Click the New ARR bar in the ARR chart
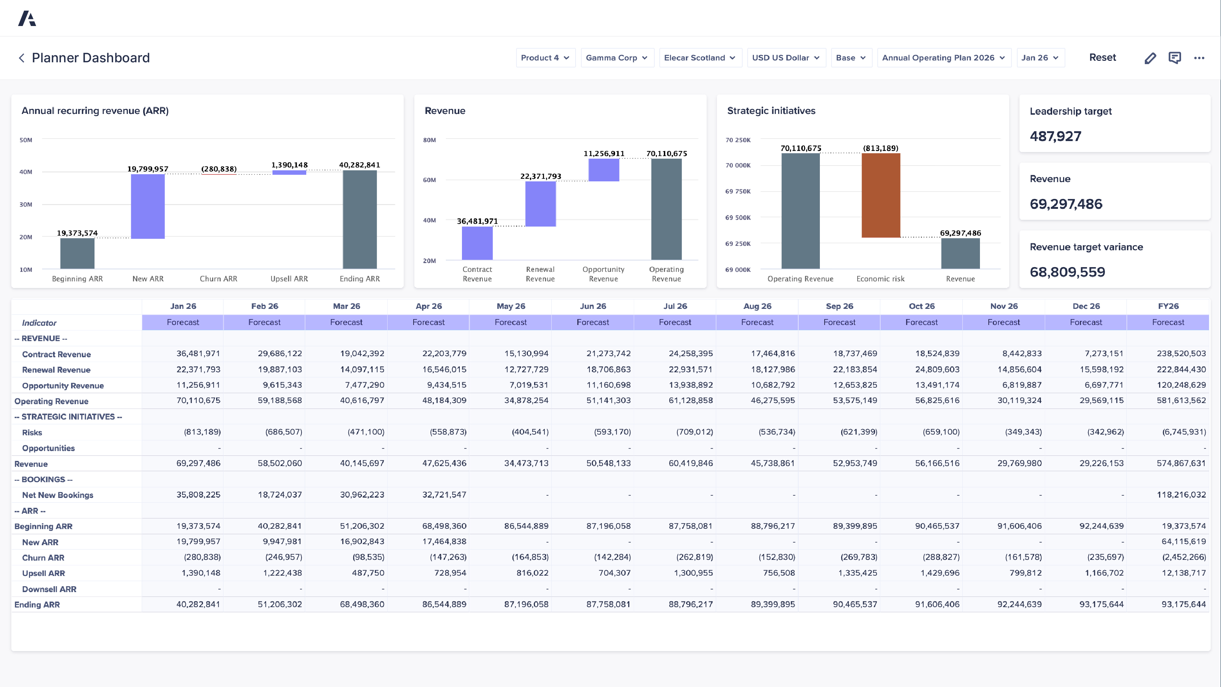point(148,206)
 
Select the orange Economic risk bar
point(880,195)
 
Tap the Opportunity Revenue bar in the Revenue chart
point(603,170)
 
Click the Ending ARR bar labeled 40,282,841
point(360,219)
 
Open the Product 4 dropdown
point(545,58)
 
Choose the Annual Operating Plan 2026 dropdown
point(943,58)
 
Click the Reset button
point(1102,58)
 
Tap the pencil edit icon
point(1150,58)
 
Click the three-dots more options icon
point(1199,58)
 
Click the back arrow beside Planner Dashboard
point(21,58)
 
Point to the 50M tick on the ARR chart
point(26,140)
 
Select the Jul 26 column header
point(674,306)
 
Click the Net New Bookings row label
point(58,495)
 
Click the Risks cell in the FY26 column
point(1184,432)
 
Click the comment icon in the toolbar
point(1174,58)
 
